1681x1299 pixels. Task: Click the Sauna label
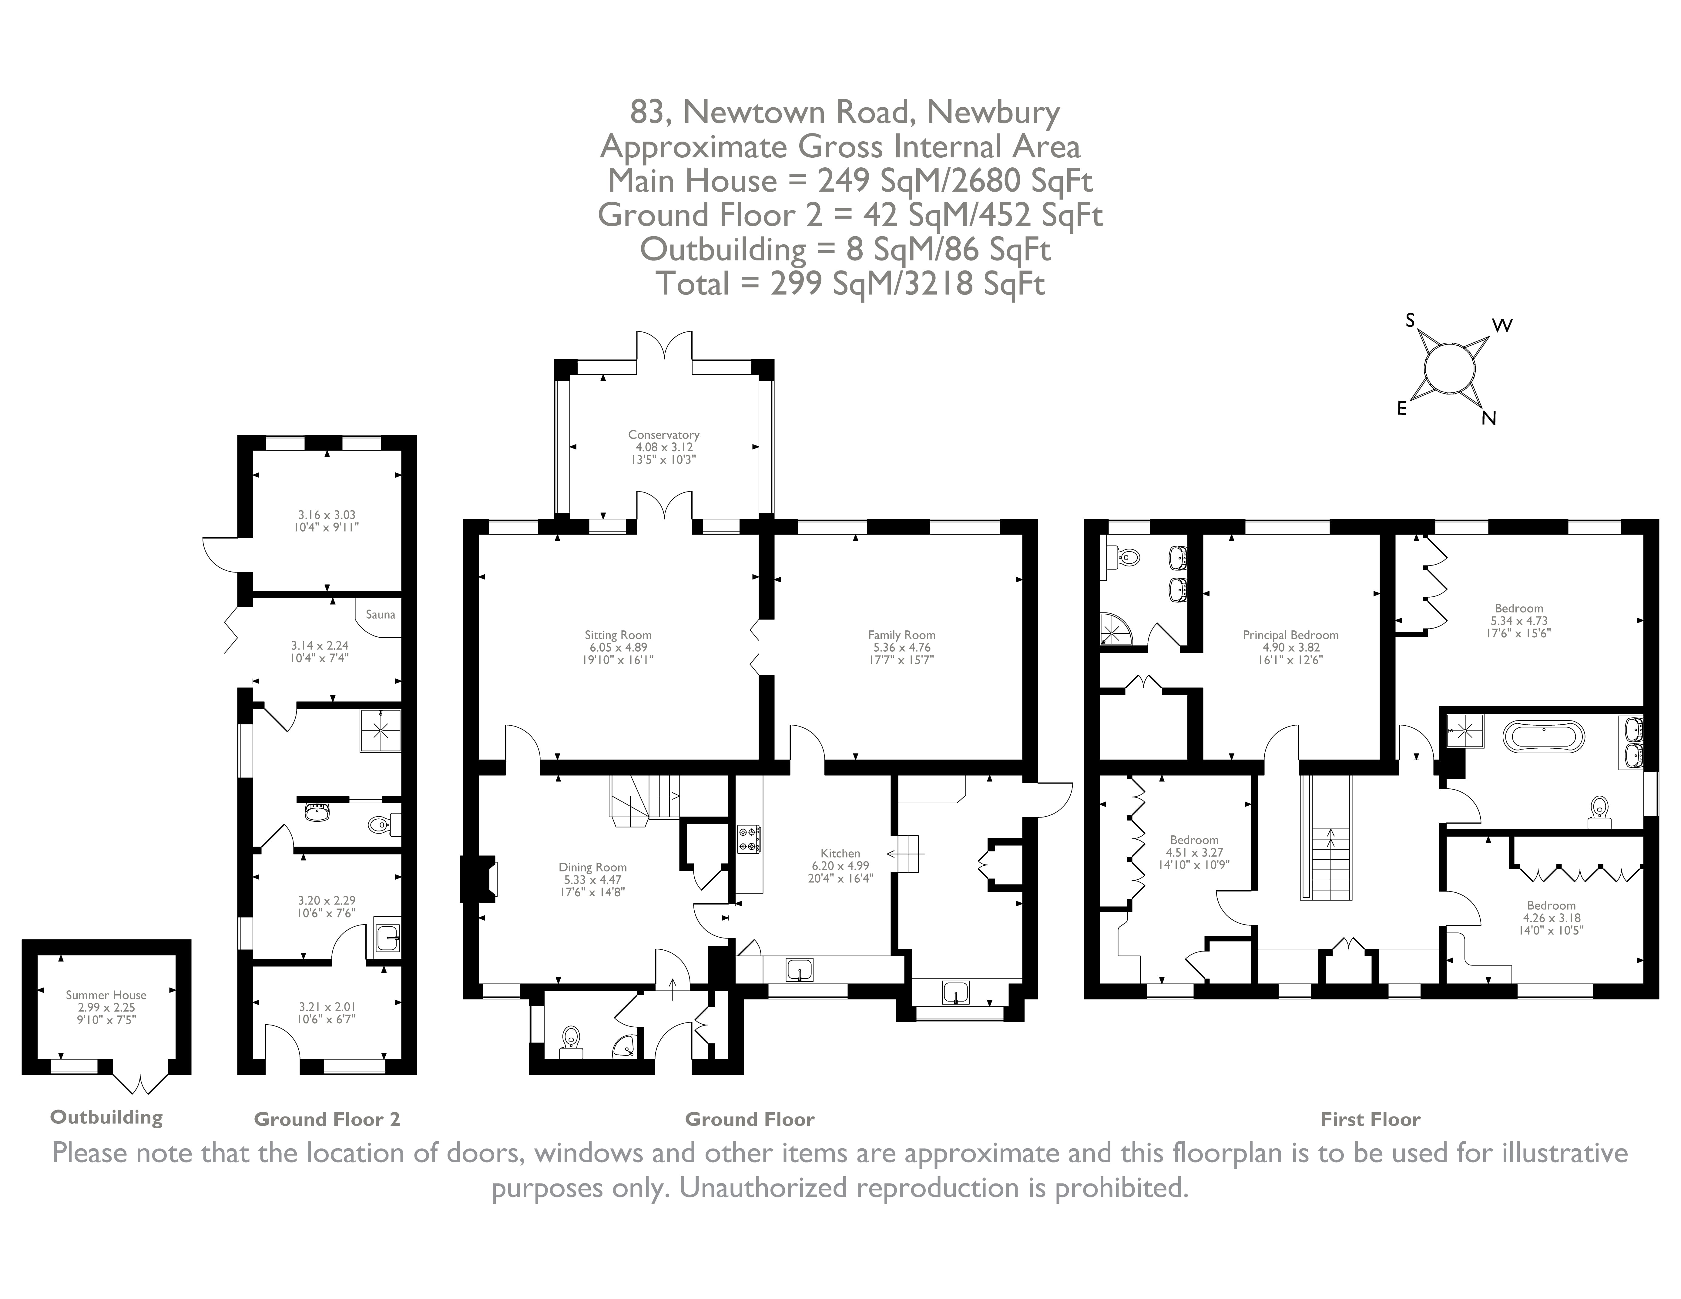coord(380,614)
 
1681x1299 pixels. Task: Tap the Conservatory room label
coord(663,435)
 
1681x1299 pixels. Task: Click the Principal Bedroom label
coord(1291,635)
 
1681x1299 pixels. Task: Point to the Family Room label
coord(901,635)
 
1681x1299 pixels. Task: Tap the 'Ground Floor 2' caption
coord(327,1119)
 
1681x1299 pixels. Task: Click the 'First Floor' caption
coord(1370,1119)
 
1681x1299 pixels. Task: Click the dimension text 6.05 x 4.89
coord(617,647)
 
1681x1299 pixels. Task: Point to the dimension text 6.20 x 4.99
coord(840,866)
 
